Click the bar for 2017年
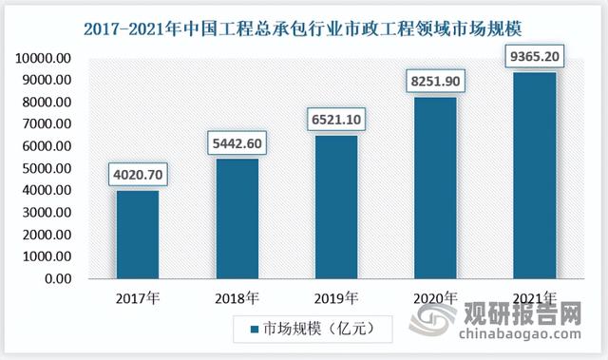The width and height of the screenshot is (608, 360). (138, 235)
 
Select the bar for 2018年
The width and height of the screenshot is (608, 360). (237, 219)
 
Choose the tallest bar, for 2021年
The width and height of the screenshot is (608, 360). (534, 176)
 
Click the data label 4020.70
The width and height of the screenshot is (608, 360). (138, 175)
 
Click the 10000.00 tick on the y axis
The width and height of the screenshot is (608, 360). (42, 59)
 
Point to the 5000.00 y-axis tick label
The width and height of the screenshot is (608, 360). (46, 169)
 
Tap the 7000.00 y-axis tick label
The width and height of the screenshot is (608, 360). (46, 124)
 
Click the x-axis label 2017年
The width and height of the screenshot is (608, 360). (138, 297)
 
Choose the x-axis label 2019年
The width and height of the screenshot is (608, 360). (335, 297)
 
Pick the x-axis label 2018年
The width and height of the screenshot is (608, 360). (237, 297)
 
